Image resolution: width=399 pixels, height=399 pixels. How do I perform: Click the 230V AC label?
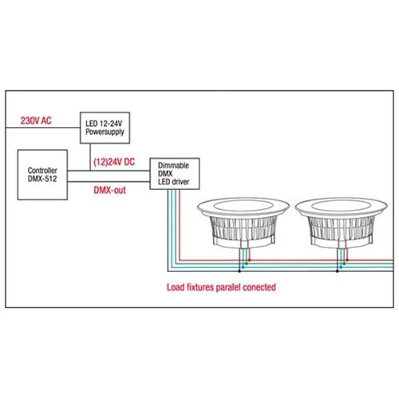(x=36, y=120)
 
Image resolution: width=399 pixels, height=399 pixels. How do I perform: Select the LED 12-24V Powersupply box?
(x=105, y=128)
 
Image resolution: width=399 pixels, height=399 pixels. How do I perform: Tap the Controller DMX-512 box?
(x=42, y=175)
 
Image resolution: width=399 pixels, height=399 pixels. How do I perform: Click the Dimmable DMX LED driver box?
(x=175, y=174)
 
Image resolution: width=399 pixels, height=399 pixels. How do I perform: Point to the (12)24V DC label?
(x=114, y=162)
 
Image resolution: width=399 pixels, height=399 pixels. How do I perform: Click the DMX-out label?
(x=109, y=190)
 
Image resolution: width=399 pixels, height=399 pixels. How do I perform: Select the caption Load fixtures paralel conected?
(x=221, y=287)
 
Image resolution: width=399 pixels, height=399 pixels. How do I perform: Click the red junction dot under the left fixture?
(x=249, y=260)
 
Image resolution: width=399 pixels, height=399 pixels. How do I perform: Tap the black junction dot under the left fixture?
(x=239, y=271)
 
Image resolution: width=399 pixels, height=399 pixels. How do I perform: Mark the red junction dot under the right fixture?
(x=347, y=260)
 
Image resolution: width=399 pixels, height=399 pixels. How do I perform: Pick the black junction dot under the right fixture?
(x=338, y=271)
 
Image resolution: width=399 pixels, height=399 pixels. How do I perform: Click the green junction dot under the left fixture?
(x=246, y=263)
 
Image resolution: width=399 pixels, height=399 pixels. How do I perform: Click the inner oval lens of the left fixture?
(x=243, y=206)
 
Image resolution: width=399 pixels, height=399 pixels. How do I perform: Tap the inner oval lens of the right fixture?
(x=341, y=206)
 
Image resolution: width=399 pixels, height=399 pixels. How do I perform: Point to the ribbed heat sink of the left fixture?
(x=243, y=227)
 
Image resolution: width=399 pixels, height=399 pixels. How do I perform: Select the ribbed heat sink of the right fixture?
(x=341, y=227)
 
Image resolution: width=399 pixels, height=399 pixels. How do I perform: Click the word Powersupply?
(x=105, y=132)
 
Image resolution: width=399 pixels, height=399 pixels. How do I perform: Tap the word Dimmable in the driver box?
(x=173, y=165)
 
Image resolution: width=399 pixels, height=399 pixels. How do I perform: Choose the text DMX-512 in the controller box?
(x=42, y=179)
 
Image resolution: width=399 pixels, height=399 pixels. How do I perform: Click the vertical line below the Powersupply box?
(x=90, y=157)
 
